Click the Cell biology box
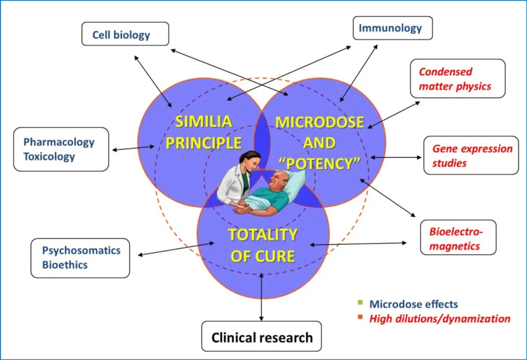pos(125,34)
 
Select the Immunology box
pos(392,28)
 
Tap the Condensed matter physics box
pos(458,79)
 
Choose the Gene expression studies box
pos(471,156)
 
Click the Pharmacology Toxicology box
pos(61,149)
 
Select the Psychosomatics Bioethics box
pos(81,258)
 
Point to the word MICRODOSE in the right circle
pos(319,121)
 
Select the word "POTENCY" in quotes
pos(319,163)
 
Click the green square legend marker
pos(359,303)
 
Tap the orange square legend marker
pos(359,318)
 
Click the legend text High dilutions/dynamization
pos(440,319)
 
